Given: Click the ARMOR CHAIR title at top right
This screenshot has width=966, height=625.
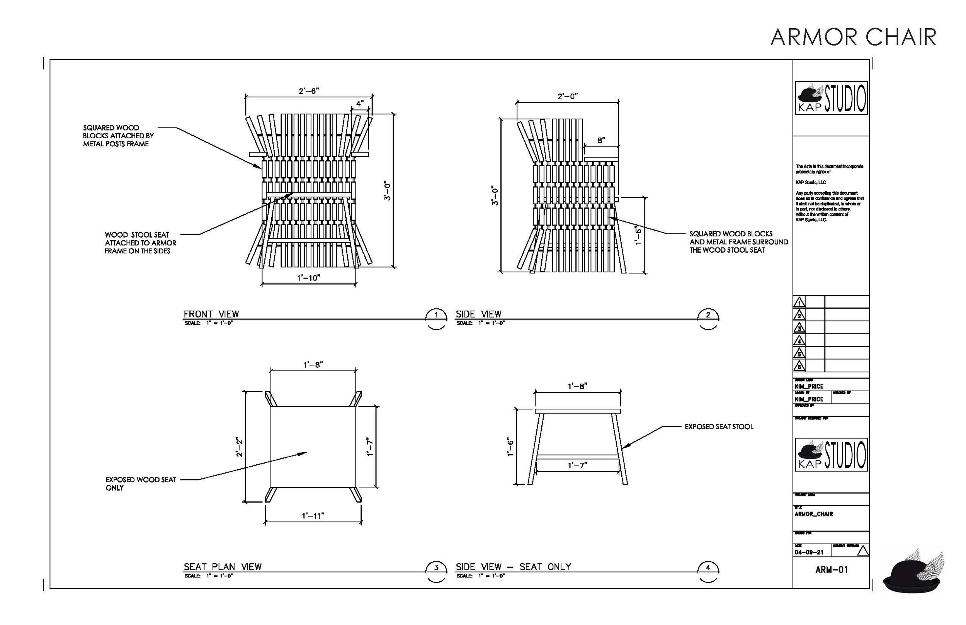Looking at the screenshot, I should click(853, 37).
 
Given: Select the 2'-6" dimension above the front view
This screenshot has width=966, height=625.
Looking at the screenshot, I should click(308, 91).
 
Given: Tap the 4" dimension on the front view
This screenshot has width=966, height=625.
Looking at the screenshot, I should click(360, 104).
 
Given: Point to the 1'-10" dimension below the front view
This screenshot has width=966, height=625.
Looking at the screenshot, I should click(308, 278).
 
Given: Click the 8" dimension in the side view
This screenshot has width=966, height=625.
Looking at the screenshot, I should click(601, 141).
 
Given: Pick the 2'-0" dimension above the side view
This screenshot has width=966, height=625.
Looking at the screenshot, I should click(567, 96).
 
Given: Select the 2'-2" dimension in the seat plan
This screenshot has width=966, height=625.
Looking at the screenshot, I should click(240, 447).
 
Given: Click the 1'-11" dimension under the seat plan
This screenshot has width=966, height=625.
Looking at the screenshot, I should click(313, 516).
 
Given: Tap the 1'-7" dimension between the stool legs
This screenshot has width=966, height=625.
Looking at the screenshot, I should click(577, 465).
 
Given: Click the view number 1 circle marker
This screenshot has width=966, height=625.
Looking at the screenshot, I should click(436, 315).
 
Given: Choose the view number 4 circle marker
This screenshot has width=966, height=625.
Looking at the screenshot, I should click(708, 568).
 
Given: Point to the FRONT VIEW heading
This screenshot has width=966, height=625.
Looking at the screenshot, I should click(211, 314).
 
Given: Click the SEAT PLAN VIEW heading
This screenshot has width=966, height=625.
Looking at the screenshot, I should click(223, 567).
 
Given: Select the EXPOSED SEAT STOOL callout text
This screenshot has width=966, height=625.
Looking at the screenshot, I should click(718, 426).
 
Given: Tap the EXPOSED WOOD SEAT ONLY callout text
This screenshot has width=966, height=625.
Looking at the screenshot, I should click(140, 483).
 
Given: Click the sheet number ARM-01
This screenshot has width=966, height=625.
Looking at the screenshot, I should click(831, 570).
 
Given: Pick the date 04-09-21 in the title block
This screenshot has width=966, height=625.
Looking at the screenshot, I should click(809, 552).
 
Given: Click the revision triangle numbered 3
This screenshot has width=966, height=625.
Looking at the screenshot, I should click(799, 328).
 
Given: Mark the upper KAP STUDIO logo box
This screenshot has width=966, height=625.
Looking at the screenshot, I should click(831, 98).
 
